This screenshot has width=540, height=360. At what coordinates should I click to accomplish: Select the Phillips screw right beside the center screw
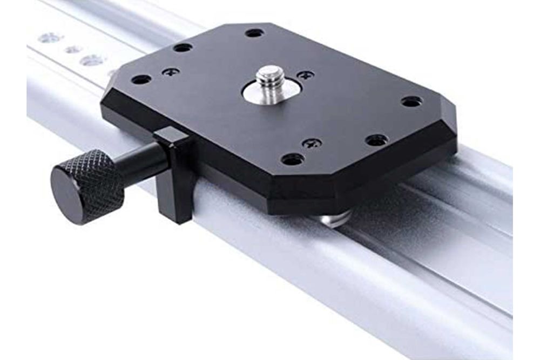click(305, 75)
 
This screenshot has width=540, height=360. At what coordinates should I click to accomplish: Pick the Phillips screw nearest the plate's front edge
click(312, 143)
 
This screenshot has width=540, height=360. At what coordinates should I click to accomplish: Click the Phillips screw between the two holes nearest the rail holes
click(171, 71)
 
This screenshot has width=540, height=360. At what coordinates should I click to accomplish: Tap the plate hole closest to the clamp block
click(141, 79)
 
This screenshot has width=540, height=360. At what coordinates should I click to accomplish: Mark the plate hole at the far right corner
click(411, 101)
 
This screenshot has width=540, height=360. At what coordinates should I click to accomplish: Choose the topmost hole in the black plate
click(254, 33)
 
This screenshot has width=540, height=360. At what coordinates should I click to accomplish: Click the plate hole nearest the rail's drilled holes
click(183, 47)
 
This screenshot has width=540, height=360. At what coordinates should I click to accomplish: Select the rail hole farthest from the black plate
click(50, 38)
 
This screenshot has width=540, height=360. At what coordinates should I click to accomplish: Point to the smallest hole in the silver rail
click(73, 50)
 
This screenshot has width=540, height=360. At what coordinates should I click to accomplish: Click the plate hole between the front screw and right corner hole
click(376, 140)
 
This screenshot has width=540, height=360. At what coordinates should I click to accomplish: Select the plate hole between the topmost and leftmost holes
click(183, 47)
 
